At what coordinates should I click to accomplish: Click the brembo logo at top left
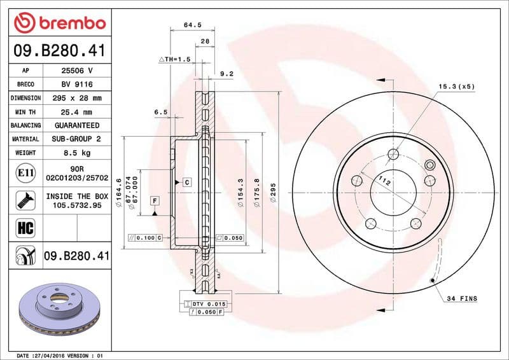[59, 24]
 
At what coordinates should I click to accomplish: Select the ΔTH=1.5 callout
[174, 59]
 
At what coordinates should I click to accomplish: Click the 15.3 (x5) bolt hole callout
[456, 86]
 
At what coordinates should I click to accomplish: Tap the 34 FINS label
[461, 298]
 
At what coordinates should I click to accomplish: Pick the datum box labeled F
[154, 201]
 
